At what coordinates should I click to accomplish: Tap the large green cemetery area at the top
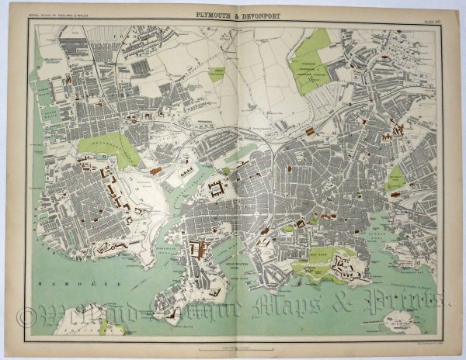[x=313, y=61]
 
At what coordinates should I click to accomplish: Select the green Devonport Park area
[x=108, y=147]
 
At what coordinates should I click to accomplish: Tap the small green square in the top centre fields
[x=216, y=74]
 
